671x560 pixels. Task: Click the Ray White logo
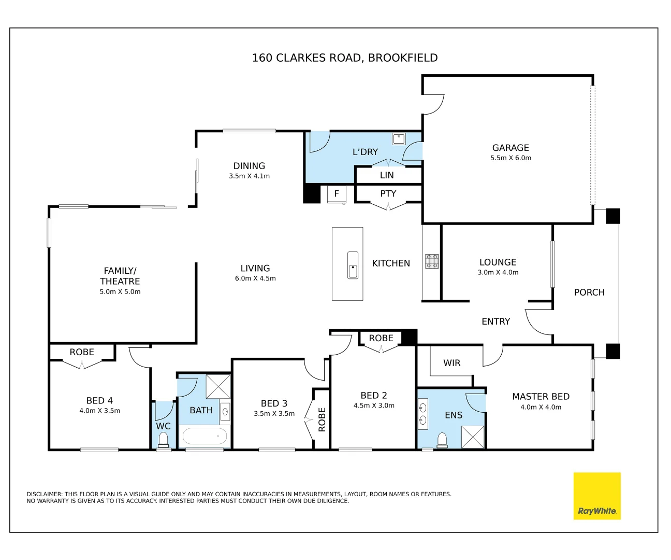click(x=596, y=496)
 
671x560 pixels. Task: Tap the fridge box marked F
click(x=337, y=194)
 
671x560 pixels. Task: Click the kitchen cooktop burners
click(x=432, y=261)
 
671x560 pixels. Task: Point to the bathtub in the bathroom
click(x=205, y=437)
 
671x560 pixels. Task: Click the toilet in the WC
click(x=164, y=440)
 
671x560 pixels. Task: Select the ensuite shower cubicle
click(x=473, y=437)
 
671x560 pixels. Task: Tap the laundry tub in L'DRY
click(x=399, y=139)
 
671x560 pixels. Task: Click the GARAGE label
click(x=510, y=148)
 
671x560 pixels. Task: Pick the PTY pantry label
click(x=388, y=193)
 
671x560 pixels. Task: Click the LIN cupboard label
click(x=387, y=175)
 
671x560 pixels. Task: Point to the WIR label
click(x=451, y=363)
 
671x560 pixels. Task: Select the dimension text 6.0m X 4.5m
click(x=255, y=278)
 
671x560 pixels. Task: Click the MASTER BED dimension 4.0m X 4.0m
click(x=541, y=407)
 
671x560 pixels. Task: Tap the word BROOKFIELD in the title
click(x=403, y=58)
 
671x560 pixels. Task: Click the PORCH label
click(x=589, y=292)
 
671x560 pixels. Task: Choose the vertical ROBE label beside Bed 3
click(x=322, y=419)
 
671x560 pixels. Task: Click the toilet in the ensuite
click(x=442, y=441)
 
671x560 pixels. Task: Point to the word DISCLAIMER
click(x=44, y=494)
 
